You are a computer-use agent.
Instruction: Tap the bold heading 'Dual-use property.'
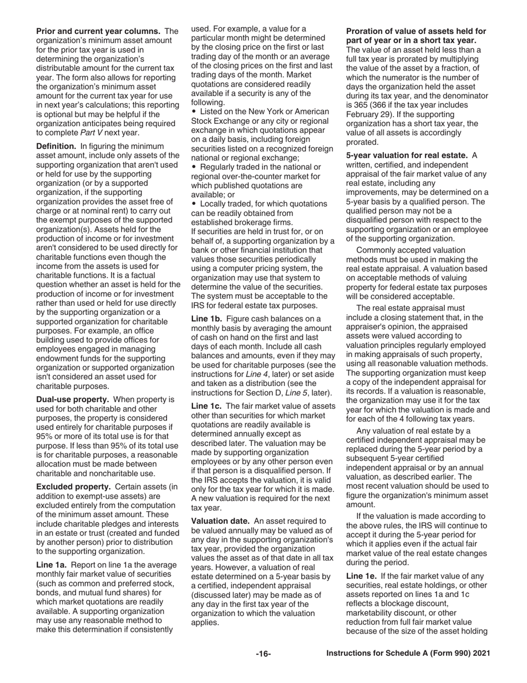pyautogui.click(x=74, y=399)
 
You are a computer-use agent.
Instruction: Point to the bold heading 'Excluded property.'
pyautogui.click(x=74, y=486)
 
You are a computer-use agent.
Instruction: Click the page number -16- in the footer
pyautogui.click(x=263, y=654)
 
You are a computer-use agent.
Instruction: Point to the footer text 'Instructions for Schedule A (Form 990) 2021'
pyautogui.click(x=408, y=654)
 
